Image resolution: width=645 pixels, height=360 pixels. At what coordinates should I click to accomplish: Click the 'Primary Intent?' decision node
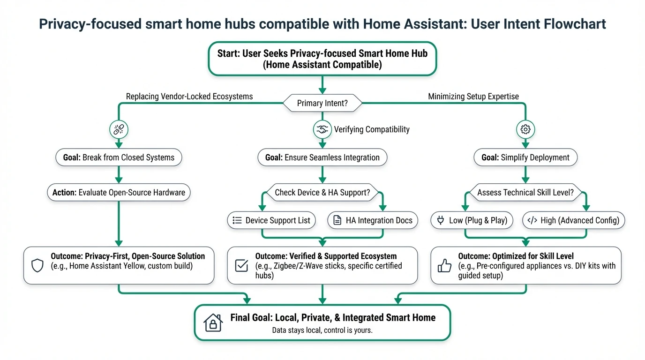[x=322, y=103]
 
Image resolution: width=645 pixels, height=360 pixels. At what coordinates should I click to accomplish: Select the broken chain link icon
[x=119, y=129]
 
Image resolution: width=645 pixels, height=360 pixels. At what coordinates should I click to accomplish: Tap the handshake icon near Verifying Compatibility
[x=322, y=130]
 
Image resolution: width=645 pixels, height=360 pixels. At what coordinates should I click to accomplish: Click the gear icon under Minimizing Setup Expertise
[x=525, y=129]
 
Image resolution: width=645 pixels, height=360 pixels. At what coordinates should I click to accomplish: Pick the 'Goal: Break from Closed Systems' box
[x=119, y=157]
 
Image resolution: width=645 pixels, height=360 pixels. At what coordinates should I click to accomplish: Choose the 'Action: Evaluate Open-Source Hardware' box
[x=119, y=192]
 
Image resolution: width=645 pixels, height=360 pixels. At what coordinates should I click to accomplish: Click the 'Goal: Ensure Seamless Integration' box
[x=322, y=157]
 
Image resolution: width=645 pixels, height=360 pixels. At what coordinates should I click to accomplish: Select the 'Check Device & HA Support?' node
[x=322, y=192]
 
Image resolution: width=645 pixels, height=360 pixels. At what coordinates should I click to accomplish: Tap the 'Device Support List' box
[x=271, y=220]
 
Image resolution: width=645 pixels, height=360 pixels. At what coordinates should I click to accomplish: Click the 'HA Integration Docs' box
[x=373, y=220]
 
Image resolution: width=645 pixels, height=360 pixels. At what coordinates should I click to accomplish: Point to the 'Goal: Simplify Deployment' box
[x=525, y=157]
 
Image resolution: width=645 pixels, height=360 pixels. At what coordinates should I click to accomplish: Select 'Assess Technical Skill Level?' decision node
[x=525, y=192]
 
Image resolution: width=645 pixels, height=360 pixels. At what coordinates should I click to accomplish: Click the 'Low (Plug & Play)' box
[x=472, y=220]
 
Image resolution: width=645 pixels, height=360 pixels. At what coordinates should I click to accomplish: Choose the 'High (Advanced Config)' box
[x=573, y=220]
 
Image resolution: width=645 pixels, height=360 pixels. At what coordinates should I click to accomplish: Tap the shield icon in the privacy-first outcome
[x=37, y=266]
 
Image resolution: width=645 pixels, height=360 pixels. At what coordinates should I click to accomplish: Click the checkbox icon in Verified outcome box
[x=241, y=266]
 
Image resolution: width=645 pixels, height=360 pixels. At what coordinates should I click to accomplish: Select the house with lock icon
[x=213, y=323]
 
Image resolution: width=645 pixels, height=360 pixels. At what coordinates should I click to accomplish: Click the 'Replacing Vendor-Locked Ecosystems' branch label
[x=189, y=97]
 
